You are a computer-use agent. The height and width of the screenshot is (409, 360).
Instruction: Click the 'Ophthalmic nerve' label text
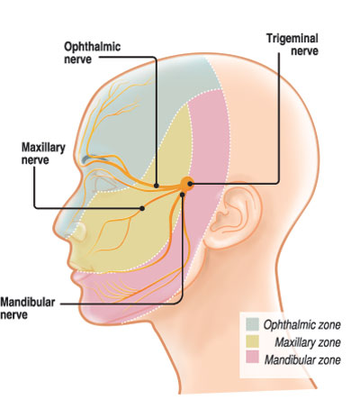[x=93, y=52]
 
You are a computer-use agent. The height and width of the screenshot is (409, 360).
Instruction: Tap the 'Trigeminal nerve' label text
[x=292, y=44]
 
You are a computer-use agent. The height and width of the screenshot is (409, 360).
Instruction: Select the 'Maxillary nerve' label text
[x=43, y=153]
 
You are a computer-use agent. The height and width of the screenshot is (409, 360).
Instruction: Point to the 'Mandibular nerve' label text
[x=28, y=308]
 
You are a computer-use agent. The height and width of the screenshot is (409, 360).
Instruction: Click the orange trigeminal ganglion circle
[x=187, y=184]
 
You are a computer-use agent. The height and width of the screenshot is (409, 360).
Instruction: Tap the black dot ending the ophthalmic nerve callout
[x=157, y=186]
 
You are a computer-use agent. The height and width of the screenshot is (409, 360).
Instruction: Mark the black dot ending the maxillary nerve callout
[x=142, y=208]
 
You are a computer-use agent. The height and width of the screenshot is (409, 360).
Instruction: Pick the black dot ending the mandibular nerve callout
[x=183, y=195]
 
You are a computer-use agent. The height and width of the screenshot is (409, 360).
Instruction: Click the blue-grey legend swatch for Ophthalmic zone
[x=252, y=324]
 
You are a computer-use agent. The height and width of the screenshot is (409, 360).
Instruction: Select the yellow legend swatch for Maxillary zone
[x=252, y=341]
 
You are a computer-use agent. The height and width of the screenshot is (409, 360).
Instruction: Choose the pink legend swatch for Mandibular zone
[x=252, y=358]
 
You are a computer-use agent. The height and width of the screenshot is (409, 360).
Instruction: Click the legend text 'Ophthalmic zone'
[x=302, y=325]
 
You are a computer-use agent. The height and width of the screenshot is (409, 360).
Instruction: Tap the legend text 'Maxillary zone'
[x=308, y=342]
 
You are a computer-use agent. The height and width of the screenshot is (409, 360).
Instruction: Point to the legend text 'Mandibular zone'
[x=302, y=359]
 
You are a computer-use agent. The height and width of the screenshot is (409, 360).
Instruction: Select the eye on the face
[x=104, y=183]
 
